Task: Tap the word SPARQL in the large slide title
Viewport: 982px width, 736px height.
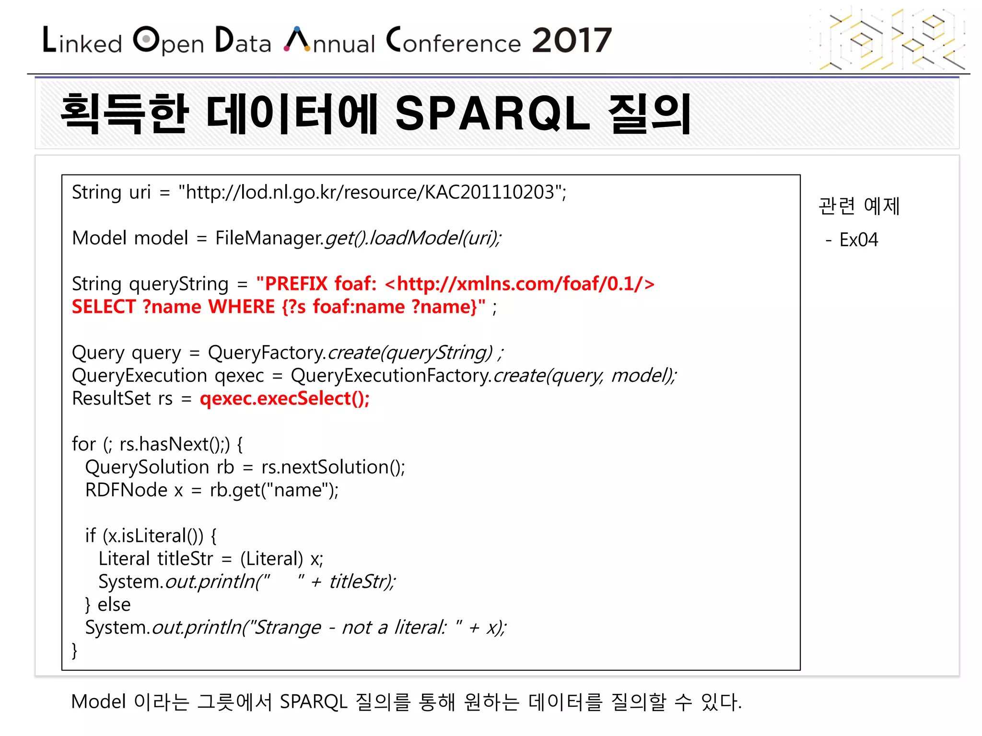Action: (492, 114)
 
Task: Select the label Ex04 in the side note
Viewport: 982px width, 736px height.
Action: (858, 240)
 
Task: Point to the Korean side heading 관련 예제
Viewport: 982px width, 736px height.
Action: (859, 206)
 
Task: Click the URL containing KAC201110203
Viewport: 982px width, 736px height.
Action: (372, 193)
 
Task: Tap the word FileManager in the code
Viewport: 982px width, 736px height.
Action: (269, 238)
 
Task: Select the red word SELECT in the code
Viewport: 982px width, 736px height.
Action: (104, 307)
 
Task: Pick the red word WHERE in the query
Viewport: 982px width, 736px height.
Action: (242, 307)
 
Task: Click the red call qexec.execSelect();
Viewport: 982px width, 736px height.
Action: (285, 399)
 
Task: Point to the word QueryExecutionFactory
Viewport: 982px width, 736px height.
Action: (391, 376)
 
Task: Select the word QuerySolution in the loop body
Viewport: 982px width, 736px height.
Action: (147, 467)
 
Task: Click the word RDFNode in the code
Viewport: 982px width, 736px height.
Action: (126, 490)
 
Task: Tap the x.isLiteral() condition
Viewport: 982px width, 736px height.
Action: (152, 536)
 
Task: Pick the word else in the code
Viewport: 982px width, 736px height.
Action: (114, 605)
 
